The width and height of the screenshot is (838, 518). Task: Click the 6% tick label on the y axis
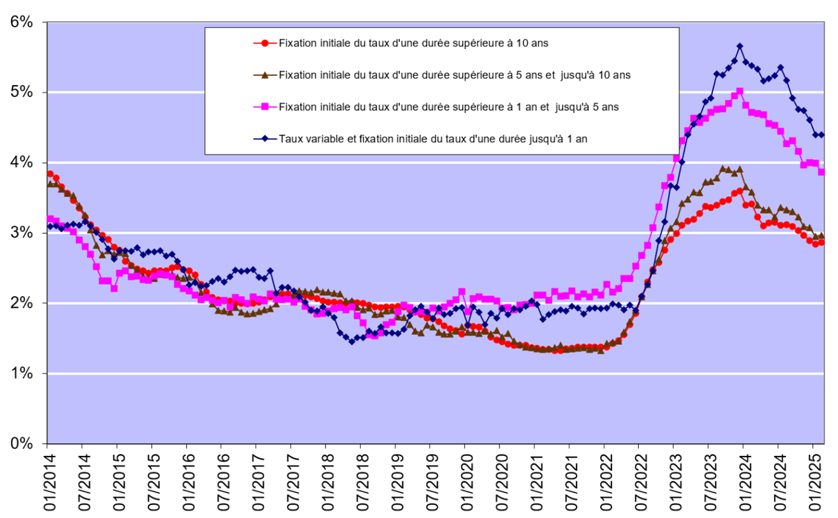(x=22, y=22)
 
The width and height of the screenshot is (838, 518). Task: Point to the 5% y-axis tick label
(x=22, y=92)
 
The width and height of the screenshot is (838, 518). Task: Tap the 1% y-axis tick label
(x=22, y=373)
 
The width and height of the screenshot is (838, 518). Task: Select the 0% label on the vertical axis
(x=22, y=443)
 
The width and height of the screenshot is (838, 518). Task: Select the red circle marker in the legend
(x=266, y=43)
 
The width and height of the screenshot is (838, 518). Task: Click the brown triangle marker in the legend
(x=266, y=75)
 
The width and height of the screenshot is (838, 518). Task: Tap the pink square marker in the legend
(x=266, y=107)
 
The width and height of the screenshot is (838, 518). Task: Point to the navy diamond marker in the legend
(x=266, y=139)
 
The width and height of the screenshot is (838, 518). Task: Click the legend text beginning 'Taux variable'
(x=434, y=139)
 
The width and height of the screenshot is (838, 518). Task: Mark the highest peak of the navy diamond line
(x=740, y=46)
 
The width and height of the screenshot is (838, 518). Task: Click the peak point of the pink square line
(x=740, y=91)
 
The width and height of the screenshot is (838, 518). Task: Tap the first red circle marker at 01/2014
(x=50, y=173)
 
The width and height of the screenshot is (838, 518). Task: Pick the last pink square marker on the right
(x=821, y=172)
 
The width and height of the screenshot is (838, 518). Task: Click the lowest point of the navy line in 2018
(x=351, y=341)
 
